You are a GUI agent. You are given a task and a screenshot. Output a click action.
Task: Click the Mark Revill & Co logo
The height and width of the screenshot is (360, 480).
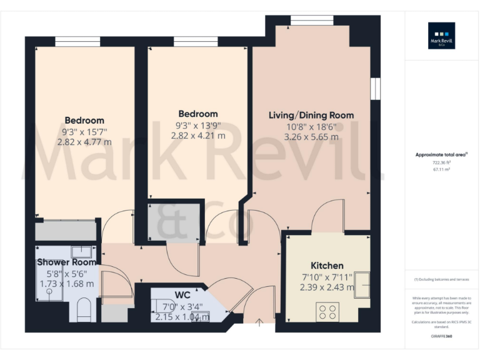pos(441,36)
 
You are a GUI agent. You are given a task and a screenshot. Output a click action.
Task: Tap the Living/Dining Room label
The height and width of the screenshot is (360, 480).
pos(311,115)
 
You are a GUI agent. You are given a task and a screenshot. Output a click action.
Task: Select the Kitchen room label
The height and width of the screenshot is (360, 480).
pos(327,266)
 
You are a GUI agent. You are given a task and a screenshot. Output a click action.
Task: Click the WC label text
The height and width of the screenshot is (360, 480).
pos(182,294)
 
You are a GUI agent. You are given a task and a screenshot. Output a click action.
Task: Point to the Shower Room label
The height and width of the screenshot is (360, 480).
pos(66,262)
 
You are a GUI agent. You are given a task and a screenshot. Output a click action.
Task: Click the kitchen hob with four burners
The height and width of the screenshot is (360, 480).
pos(327,311)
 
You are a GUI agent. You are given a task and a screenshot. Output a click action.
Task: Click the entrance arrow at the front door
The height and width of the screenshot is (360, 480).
pos(260,322)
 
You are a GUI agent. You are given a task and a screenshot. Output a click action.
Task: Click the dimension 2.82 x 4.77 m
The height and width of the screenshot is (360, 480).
pos(84,142)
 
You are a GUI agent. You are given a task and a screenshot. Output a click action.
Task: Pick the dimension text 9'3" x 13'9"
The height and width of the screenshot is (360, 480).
pos(198,125)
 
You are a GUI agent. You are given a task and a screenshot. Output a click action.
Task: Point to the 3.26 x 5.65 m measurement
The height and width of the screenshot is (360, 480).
pos(311,137)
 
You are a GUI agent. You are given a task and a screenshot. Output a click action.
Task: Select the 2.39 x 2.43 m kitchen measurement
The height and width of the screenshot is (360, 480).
pos(327,287)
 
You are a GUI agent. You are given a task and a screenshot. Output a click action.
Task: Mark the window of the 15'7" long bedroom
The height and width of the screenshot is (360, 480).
pos(77,41)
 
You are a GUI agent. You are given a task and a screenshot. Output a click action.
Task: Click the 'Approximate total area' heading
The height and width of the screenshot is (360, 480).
pos(441,154)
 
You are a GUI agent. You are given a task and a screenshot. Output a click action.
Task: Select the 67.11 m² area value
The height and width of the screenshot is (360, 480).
pos(441,168)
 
